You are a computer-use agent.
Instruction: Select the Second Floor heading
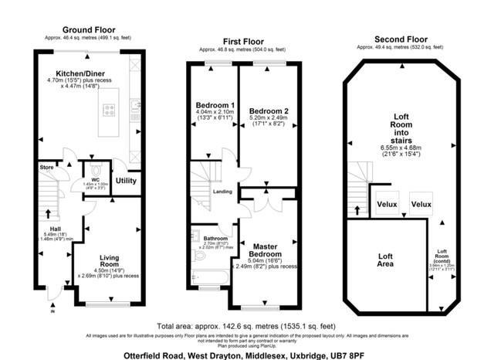[400, 38]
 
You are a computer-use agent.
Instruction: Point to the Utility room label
[125, 181]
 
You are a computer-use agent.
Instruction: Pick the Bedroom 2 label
[269, 111]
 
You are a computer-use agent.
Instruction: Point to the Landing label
[222, 192]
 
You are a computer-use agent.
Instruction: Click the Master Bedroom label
[266, 250]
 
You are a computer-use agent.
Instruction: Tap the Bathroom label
[215, 238]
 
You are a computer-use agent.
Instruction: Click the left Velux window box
[386, 204]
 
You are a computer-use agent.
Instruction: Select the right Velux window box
[421, 204]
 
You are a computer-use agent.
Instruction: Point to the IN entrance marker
[53, 312]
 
